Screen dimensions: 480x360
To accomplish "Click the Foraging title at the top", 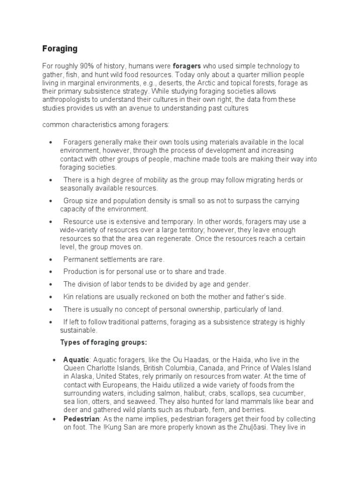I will (x=60, y=49).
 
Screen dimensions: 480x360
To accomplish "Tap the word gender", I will (x=239, y=284).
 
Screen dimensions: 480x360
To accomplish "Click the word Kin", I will (x=69, y=297).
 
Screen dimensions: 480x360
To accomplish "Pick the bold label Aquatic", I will (x=76, y=360).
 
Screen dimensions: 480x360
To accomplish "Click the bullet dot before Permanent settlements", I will (x=50, y=259).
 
